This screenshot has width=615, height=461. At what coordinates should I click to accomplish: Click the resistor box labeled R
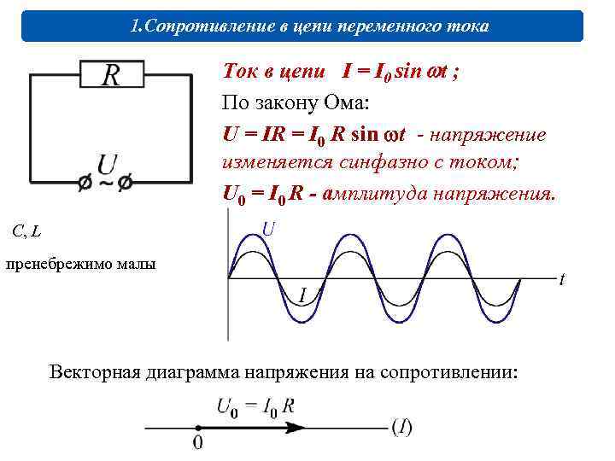[111, 74]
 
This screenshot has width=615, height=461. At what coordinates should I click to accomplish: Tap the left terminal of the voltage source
[85, 183]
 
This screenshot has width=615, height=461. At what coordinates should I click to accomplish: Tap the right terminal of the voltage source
[126, 183]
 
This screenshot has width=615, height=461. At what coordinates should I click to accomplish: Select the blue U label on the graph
[268, 229]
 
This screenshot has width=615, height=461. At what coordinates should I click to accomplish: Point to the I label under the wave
[302, 295]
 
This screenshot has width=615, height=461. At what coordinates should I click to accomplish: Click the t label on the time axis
[561, 279]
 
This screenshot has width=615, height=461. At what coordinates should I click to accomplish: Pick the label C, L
[26, 230]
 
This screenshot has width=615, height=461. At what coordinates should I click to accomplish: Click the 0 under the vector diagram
[198, 443]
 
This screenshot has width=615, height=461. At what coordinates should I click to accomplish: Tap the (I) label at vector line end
[401, 427]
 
